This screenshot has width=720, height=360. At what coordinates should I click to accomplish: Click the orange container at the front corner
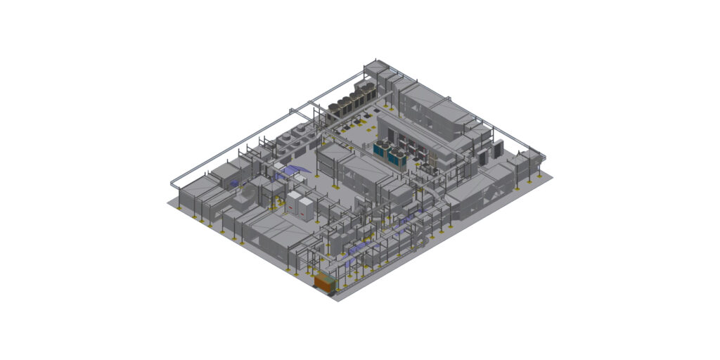(325, 283)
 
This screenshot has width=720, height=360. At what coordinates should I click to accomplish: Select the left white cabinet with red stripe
(292, 204)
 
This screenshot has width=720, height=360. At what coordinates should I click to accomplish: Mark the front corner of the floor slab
(338, 301)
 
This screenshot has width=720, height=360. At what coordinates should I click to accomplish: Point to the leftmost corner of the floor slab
(168, 202)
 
